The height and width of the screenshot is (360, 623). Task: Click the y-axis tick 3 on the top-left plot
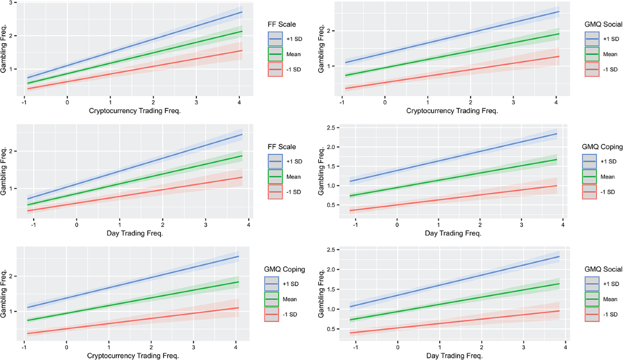click(10, 3)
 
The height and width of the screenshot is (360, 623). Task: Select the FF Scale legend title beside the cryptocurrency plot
click(280, 23)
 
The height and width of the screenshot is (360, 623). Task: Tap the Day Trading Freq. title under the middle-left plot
click(141, 233)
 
